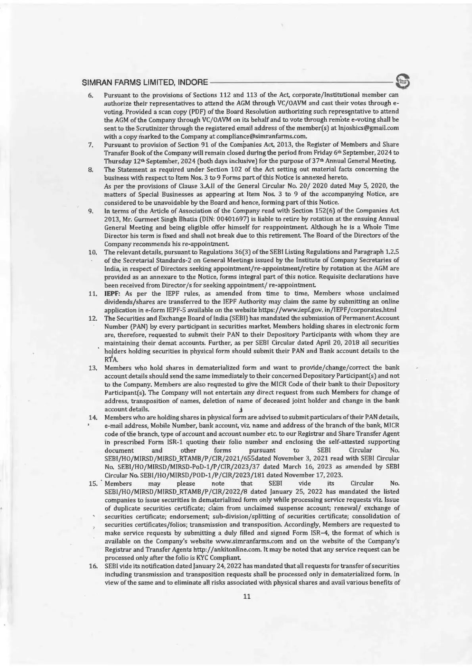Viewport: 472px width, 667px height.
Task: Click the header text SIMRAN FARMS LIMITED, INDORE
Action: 144,83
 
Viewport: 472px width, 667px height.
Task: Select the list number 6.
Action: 90,96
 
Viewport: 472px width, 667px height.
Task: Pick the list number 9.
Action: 90,211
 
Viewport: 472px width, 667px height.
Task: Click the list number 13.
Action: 93,368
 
